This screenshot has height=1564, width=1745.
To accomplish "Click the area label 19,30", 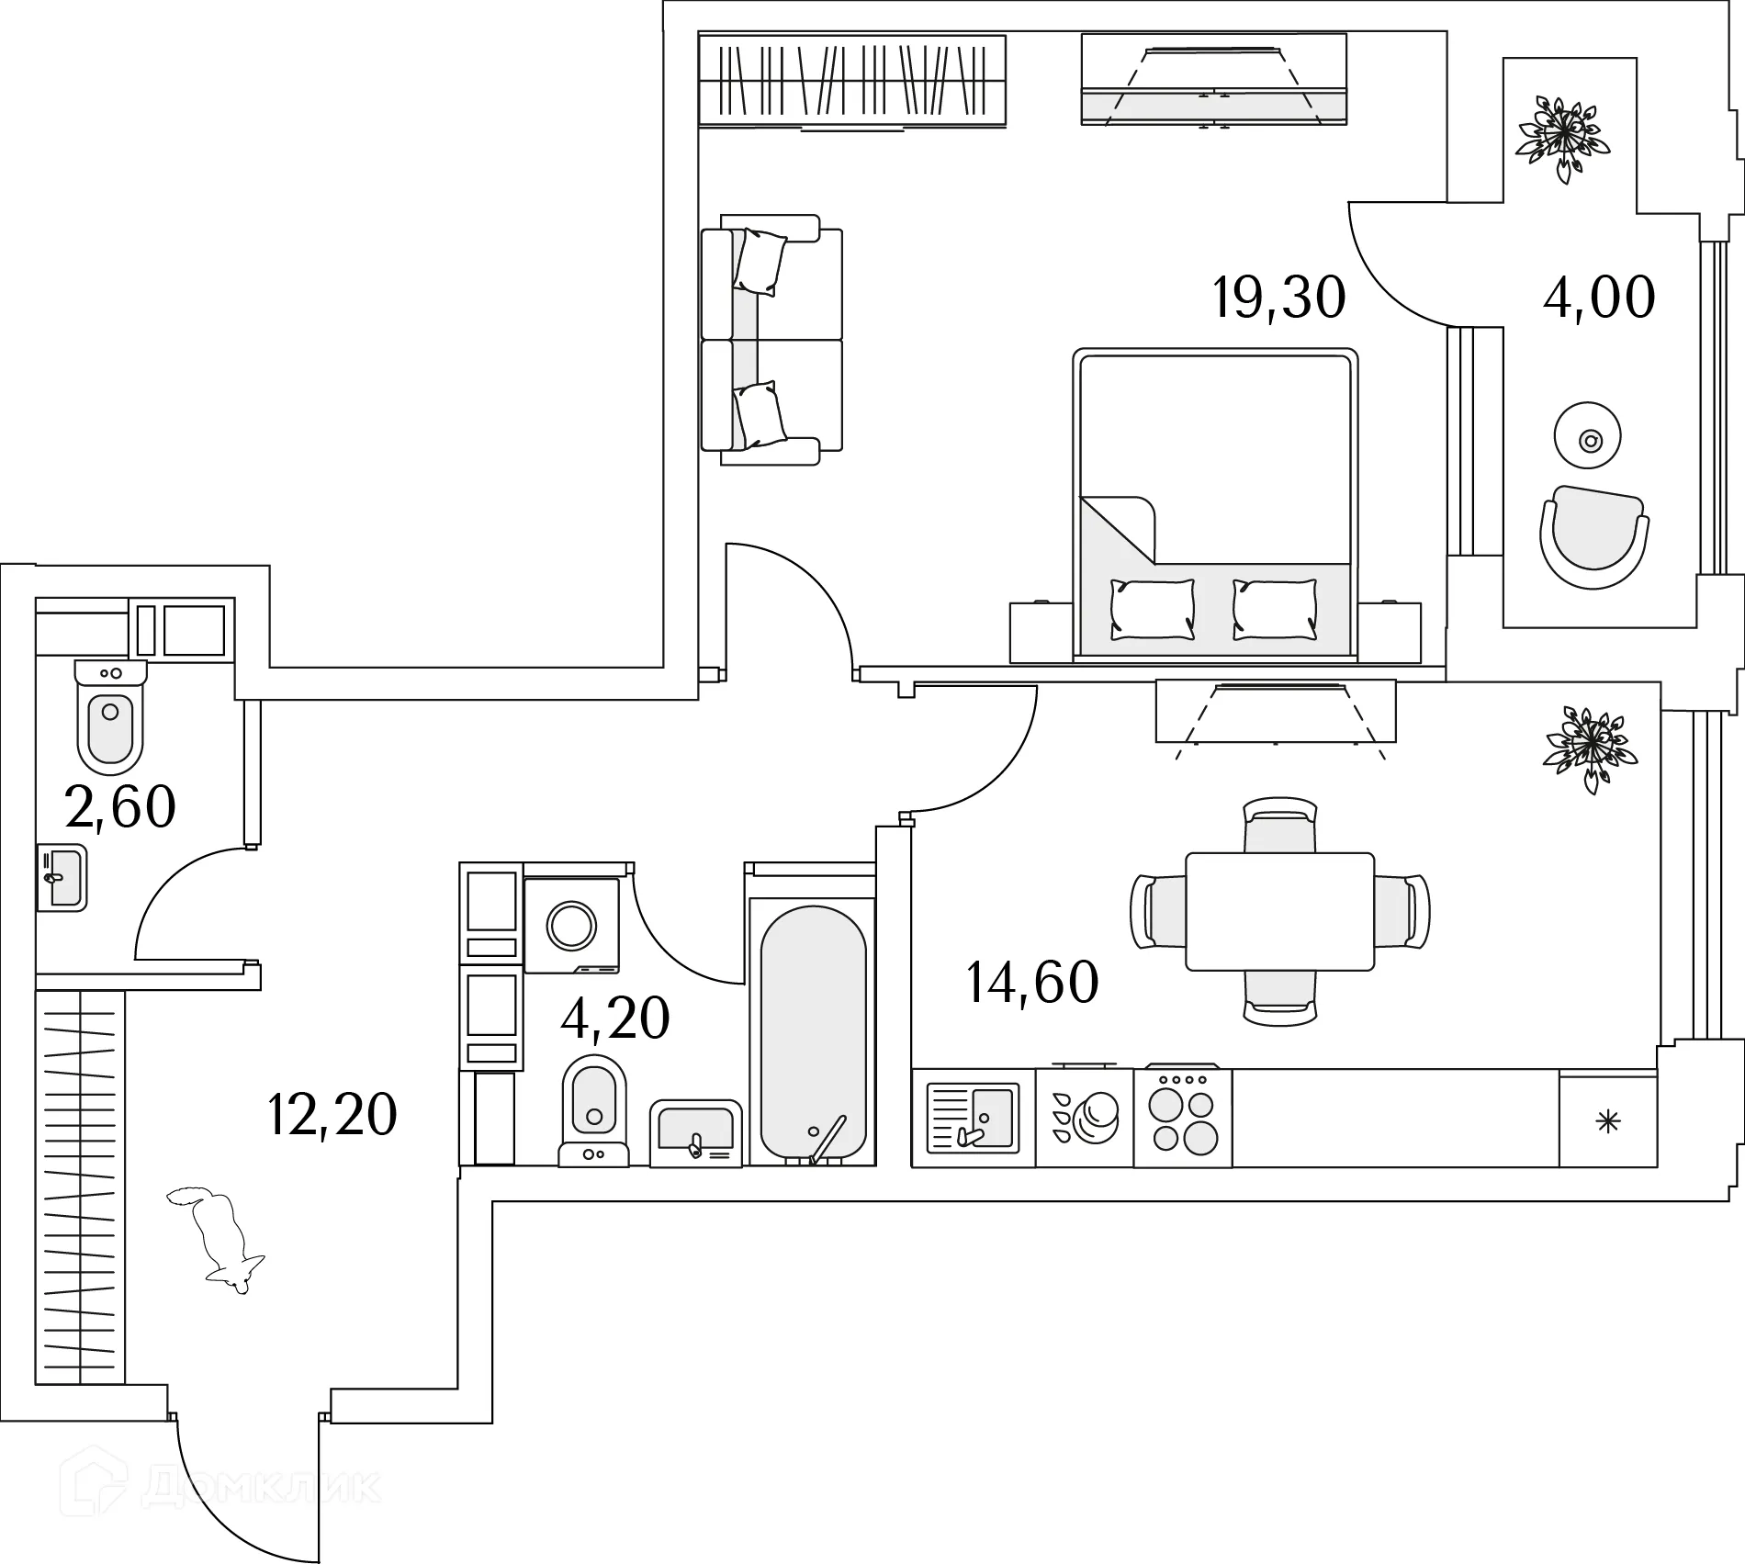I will (x=1278, y=298).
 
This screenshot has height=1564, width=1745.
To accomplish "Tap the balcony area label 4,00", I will (x=1599, y=298).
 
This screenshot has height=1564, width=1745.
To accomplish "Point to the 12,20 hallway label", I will (x=332, y=1115).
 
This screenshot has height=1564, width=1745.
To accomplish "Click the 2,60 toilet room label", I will (x=120, y=807).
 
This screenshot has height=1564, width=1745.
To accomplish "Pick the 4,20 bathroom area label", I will (x=615, y=1018).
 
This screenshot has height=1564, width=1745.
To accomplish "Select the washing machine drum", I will (x=571, y=925).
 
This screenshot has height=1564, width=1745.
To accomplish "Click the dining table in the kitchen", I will (x=1279, y=911).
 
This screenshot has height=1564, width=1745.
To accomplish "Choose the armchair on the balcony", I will (x=1593, y=537).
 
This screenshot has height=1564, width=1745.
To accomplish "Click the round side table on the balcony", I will (x=1589, y=442).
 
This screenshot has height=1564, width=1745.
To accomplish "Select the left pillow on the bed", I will (x=1153, y=609).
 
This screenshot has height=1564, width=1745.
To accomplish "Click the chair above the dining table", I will (x=1279, y=823).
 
